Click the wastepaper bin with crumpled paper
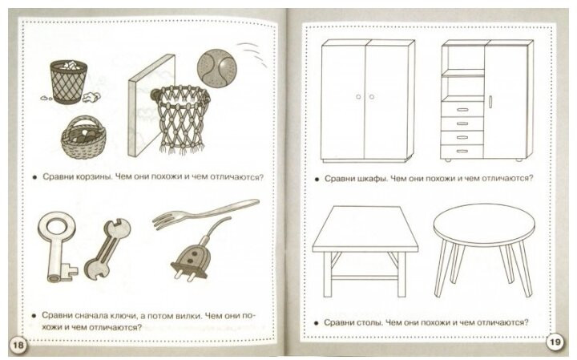(x=69, y=82)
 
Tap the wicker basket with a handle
(x=84, y=137)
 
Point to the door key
(x=58, y=246)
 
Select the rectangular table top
(x=365, y=229)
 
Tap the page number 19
(x=555, y=342)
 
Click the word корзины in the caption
(x=94, y=176)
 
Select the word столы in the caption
(x=370, y=322)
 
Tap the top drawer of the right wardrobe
(x=462, y=109)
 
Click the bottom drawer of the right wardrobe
(x=462, y=151)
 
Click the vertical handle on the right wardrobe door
(x=490, y=101)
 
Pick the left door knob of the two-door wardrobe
(x=358, y=97)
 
